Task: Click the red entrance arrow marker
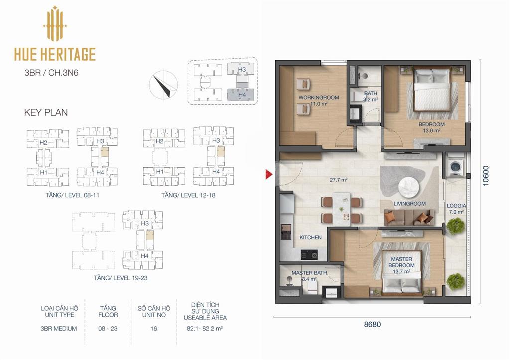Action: click(x=268, y=174)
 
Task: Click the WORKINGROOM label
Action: click(x=319, y=97)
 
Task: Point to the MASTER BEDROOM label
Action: click(x=402, y=262)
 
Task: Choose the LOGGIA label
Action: click(x=456, y=206)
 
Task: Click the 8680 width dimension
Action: click(x=372, y=324)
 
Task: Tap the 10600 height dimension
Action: click(x=486, y=176)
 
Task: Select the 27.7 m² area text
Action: click(x=339, y=180)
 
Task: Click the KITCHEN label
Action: click(x=311, y=237)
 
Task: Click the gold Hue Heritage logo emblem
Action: click(x=55, y=24)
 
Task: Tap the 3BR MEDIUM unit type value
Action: click(x=59, y=329)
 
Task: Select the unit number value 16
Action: click(x=154, y=329)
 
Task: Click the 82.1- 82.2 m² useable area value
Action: click(x=205, y=329)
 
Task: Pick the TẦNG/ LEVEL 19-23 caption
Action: click(x=121, y=278)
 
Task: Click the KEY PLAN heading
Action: click(x=46, y=112)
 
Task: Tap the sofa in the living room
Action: click(x=409, y=217)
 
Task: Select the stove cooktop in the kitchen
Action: click(x=309, y=255)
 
